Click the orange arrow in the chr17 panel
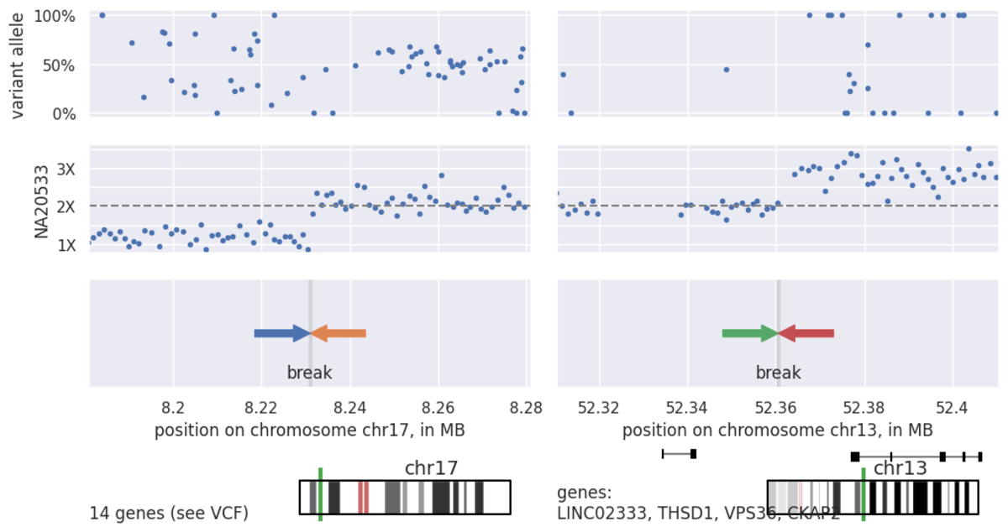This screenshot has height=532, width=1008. click(x=339, y=334)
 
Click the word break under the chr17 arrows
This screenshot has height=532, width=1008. click(x=310, y=373)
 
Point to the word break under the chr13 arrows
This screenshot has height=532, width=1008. click(x=778, y=373)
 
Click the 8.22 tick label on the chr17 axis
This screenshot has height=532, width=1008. click(x=261, y=408)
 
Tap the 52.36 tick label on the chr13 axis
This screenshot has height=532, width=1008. click(x=777, y=408)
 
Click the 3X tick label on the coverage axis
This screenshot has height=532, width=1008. click(x=65, y=169)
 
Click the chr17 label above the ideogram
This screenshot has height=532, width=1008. click(x=430, y=468)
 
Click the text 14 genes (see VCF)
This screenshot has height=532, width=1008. click(x=169, y=513)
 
